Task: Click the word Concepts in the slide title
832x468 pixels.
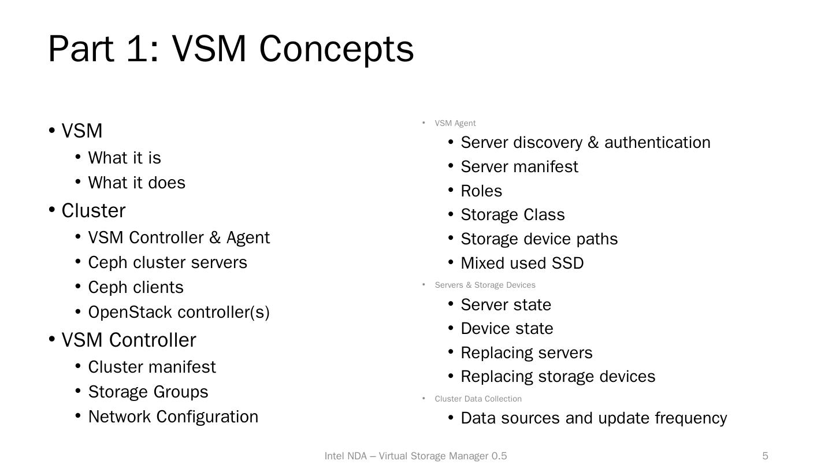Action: click(x=336, y=49)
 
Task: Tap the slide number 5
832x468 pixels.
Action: click(x=765, y=456)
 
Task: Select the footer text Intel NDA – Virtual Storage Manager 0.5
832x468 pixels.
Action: click(x=415, y=456)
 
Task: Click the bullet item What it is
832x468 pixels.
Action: click(x=124, y=158)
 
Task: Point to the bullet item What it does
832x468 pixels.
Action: click(x=136, y=183)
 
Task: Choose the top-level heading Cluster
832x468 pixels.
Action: click(x=93, y=211)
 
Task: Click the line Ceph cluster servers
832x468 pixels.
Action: click(x=168, y=262)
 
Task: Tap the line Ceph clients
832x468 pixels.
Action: click(x=136, y=287)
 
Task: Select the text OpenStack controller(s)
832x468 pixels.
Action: click(x=179, y=312)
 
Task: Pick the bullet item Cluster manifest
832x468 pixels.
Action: click(x=152, y=367)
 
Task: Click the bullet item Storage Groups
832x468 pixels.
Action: click(x=148, y=392)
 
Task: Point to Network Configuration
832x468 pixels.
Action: click(x=173, y=417)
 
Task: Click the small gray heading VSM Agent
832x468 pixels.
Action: click(x=455, y=123)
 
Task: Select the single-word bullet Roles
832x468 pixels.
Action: click(x=481, y=191)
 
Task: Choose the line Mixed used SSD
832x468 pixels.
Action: click(x=522, y=263)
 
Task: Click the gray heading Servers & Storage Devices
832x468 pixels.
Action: click(x=485, y=285)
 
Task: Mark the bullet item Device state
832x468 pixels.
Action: click(x=507, y=328)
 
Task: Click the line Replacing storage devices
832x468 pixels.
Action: click(x=558, y=376)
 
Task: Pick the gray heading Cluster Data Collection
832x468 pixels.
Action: click(x=478, y=399)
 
